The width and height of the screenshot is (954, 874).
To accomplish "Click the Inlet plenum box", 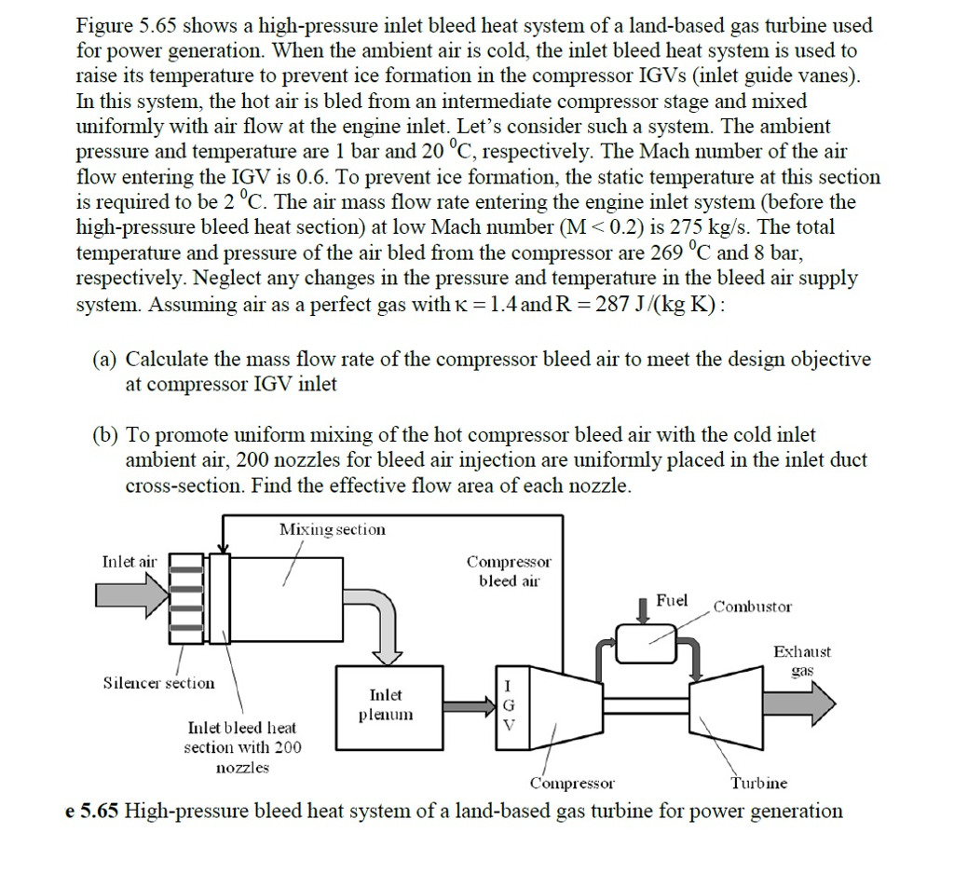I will pyautogui.click(x=386, y=705).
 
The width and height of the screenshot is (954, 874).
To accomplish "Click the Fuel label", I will pyautogui.click(x=672, y=601).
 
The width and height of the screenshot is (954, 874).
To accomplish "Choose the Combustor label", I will pyautogui.click(x=753, y=607).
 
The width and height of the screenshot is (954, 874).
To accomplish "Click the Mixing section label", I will pyautogui.click(x=332, y=529).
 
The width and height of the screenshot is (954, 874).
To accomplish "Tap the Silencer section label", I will pyautogui.click(x=158, y=683).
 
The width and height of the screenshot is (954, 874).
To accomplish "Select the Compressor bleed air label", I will pyautogui.click(x=509, y=571).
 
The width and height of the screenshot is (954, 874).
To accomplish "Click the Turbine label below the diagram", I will pyautogui.click(x=758, y=784).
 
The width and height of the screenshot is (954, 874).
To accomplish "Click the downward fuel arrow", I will pyautogui.click(x=642, y=609).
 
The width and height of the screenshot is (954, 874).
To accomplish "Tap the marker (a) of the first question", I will pyautogui.click(x=104, y=359).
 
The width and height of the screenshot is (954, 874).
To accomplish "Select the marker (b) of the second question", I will pyautogui.click(x=104, y=435).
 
